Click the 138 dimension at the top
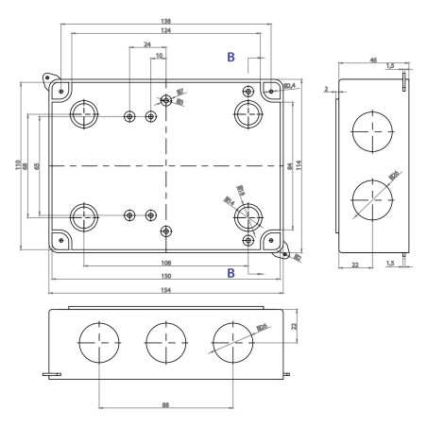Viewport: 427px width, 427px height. click(166, 21)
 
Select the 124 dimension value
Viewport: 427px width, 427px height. click(166, 32)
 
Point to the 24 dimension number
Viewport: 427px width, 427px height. click(147, 45)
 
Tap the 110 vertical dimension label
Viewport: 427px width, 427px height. click(18, 165)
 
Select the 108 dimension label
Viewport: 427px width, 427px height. click(166, 264)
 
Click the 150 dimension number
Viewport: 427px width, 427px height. click(166, 277)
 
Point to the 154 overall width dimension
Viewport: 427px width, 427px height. click(166, 292)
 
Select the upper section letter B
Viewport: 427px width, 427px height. click(231, 58)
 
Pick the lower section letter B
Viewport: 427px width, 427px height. click(231, 273)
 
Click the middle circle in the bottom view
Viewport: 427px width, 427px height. click(165, 342)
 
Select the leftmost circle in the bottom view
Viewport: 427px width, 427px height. click(100, 342)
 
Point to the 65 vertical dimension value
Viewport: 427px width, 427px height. click(37, 166)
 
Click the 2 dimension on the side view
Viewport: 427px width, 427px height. click(325, 90)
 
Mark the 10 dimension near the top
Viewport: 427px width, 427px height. click(160, 57)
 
